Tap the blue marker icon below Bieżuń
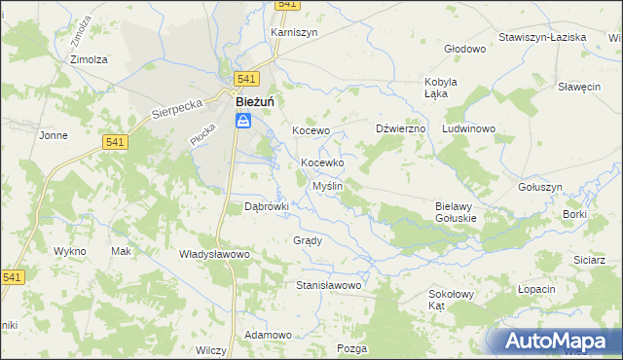coord(243,121)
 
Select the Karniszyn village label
coord(294,32)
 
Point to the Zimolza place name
coord(88,58)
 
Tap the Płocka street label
coord(202,135)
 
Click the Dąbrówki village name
coord(267,206)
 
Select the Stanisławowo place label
coord(329,286)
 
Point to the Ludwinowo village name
coord(469,128)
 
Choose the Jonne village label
coord(53,136)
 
